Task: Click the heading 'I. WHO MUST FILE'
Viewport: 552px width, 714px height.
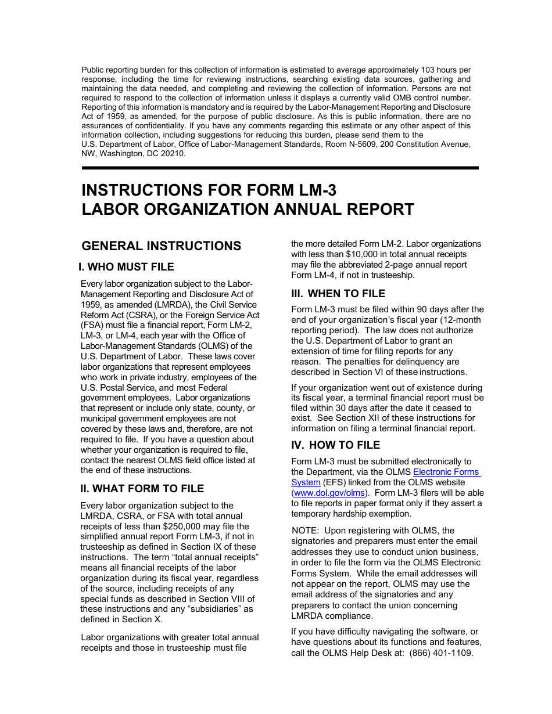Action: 126,267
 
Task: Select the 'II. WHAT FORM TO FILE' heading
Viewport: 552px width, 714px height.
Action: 142,489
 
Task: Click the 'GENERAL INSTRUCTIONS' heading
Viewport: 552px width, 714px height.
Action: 162,246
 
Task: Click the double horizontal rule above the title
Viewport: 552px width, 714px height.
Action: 280,168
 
